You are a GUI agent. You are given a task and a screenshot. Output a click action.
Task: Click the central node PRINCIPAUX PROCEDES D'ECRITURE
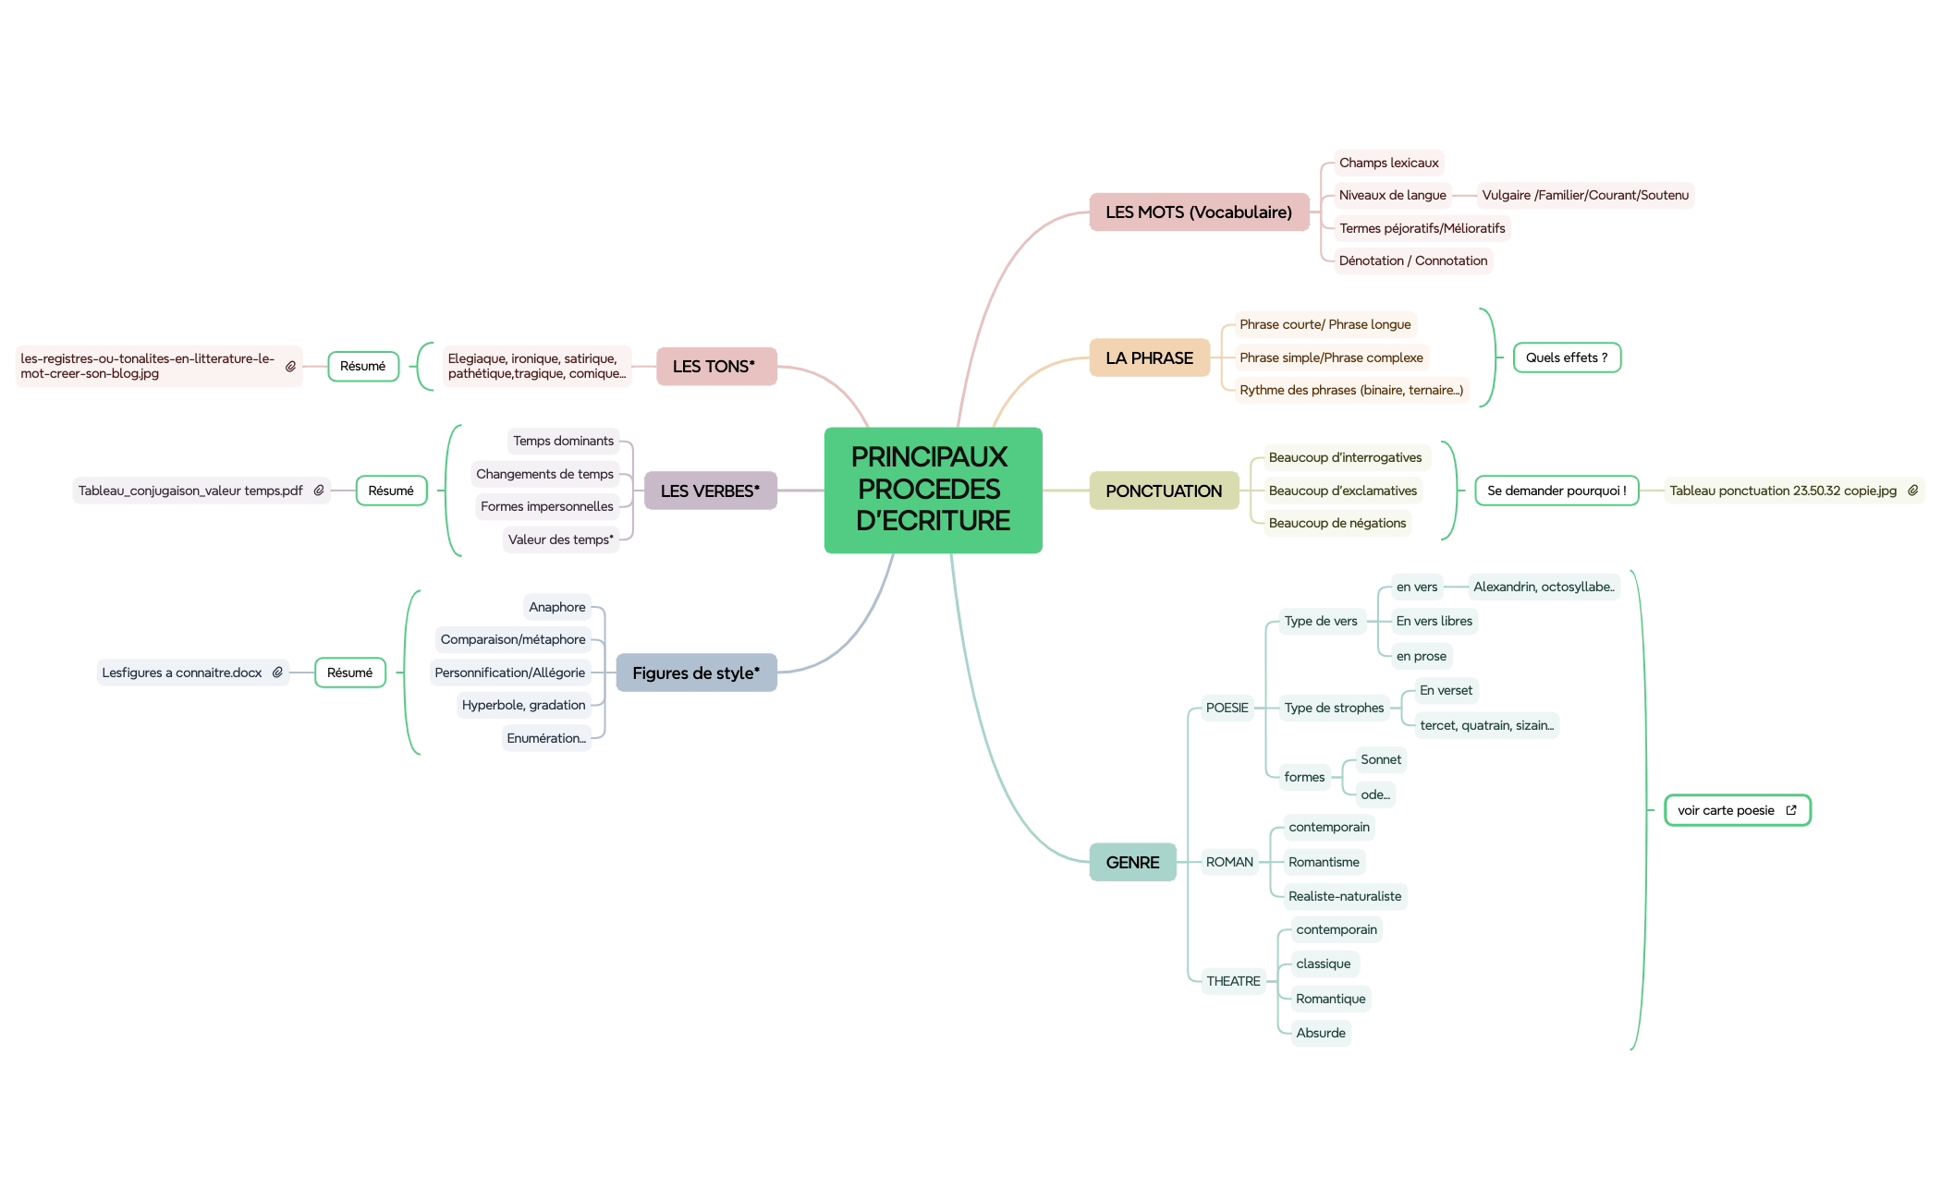[x=933, y=490]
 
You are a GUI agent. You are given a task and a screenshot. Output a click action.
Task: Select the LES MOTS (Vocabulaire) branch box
[x=1199, y=212]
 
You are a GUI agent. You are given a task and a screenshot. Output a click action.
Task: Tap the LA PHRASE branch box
[x=1149, y=358]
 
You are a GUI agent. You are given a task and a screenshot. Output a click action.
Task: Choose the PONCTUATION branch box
[x=1164, y=491]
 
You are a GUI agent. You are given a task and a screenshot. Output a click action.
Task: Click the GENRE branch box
[x=1132, y=863]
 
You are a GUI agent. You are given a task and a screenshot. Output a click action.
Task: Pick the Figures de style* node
[x=696, y=673]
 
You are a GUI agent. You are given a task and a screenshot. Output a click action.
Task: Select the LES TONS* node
[x=714, y=367]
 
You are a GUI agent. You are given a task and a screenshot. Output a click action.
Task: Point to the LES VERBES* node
[x=710, y=491]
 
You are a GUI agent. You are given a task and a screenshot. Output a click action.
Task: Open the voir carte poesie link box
[x=1736, y=811]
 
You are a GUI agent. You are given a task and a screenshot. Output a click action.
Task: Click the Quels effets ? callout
[x=1567, y=358]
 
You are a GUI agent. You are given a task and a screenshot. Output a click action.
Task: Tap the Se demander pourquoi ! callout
[x=1556, y=491]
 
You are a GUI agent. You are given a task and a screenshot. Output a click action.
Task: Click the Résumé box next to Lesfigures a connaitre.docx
[x=349, y=673]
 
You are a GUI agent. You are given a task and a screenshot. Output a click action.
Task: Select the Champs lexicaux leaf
[x=1388, y=164]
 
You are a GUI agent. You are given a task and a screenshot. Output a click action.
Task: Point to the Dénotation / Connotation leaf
[x=1413, y=261]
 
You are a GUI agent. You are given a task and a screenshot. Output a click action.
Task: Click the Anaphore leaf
[x=557, y=608]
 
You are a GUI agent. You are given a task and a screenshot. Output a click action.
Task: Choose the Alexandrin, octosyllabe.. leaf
[x=1544, y=588]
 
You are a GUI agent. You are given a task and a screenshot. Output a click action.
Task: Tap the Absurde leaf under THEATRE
[x=1321, y=1034]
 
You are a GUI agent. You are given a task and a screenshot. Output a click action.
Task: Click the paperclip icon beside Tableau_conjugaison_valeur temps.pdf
[x=319, y=491]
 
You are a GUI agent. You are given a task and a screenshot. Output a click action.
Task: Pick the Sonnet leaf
[x=1381, y=760]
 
